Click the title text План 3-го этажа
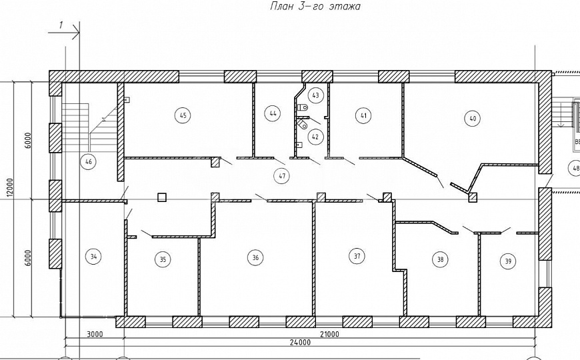pyautogui.click(x=315, y=6)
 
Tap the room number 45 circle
pyautogui.click(x=183, y=115)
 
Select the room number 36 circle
pyautogui.click(x=255, y=257)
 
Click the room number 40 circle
pyautogui.click(x=473, y=119)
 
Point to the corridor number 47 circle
pyautogui.click(x=282, y=176)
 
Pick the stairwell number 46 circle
pyautogui.click(x=88, y=162)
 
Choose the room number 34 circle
pyautogui.click(x=93, y=257)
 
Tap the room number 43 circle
pyautogui.click(x=315, y=95)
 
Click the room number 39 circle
pyautogui.click(x=508, y=261)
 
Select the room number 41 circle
pyautogui.click(x=363, y=116)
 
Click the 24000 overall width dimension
pyautogui.click(x=300, y=342)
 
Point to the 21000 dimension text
pyautogui.click(x=329, y=335)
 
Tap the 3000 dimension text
pyautogui.click(x=95, y=335)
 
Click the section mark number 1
pyautogui.click(x=61, y=25)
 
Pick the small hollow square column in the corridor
pyautogui.click(x=161, y=197)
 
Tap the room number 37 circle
pyautogui.click(x=357, y=256)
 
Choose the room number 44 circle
pyautogui.click(x=273, y=113)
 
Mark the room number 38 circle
pyautogui.click(x=440, y=259)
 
